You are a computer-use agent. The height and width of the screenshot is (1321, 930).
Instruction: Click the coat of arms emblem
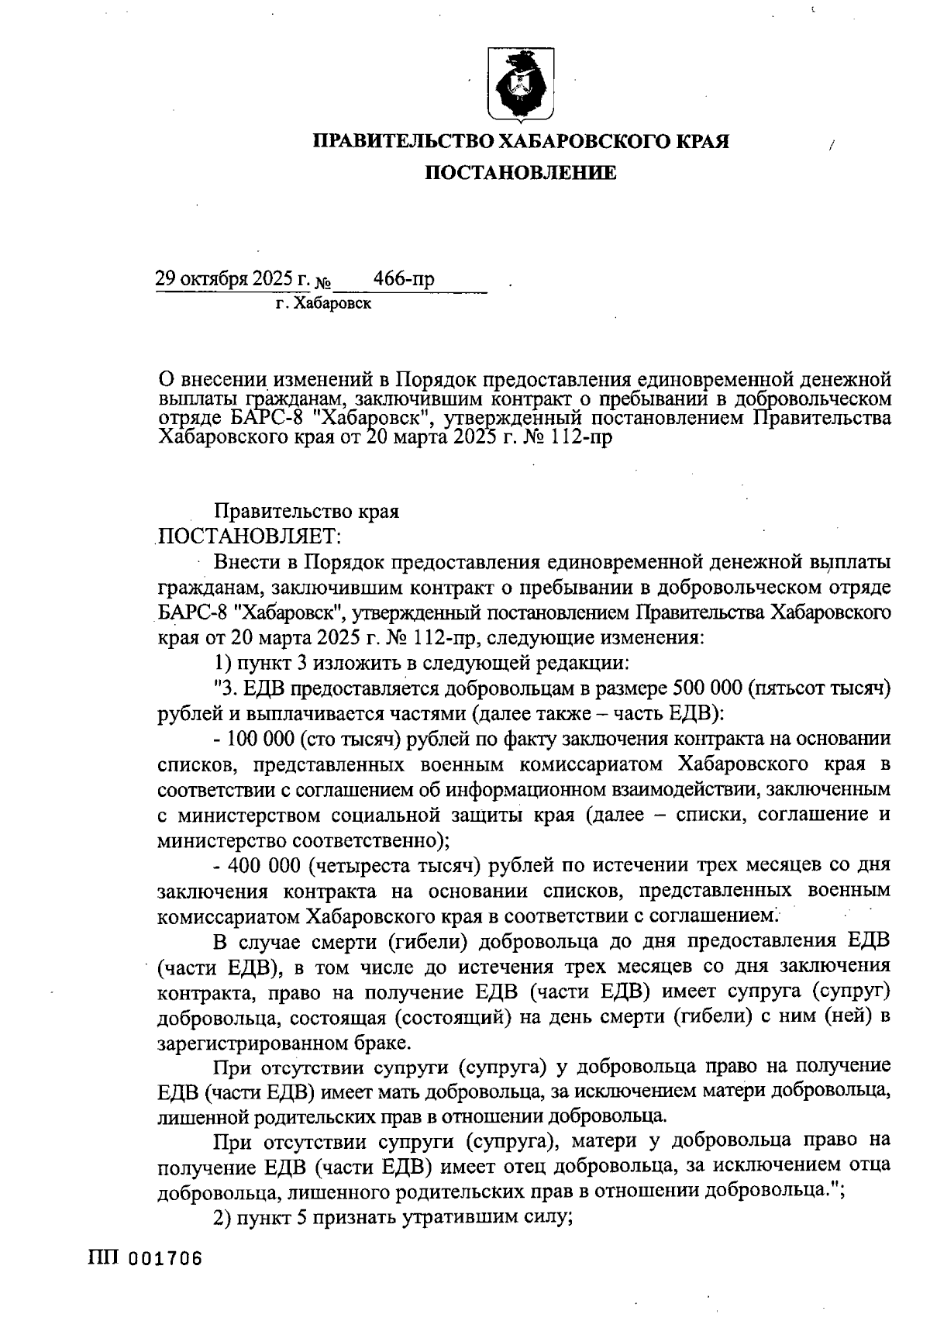pos(520,85)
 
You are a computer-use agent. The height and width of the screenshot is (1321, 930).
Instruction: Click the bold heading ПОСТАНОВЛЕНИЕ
pos(520,173)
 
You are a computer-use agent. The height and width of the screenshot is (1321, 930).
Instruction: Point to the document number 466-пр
pos(404,279)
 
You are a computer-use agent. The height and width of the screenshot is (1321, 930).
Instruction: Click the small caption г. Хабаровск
pos(323,304)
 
